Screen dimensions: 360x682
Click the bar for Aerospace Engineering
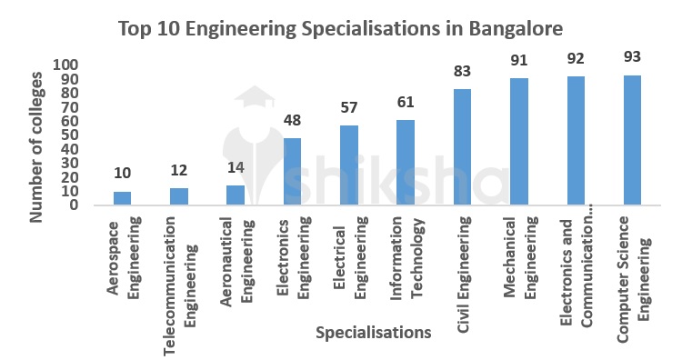click(x=122, y=198)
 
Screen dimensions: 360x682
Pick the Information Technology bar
click(x=406, y=163)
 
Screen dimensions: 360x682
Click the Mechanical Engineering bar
click(x=519, y=142)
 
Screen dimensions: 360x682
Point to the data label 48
click(x=292, y=120)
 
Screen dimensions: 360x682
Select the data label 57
click(x=349, y=107)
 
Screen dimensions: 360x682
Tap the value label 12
click(x=179, y=170)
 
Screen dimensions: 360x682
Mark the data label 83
click(x=463, y=71)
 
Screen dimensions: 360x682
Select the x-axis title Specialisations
click(x=374, y=333)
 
